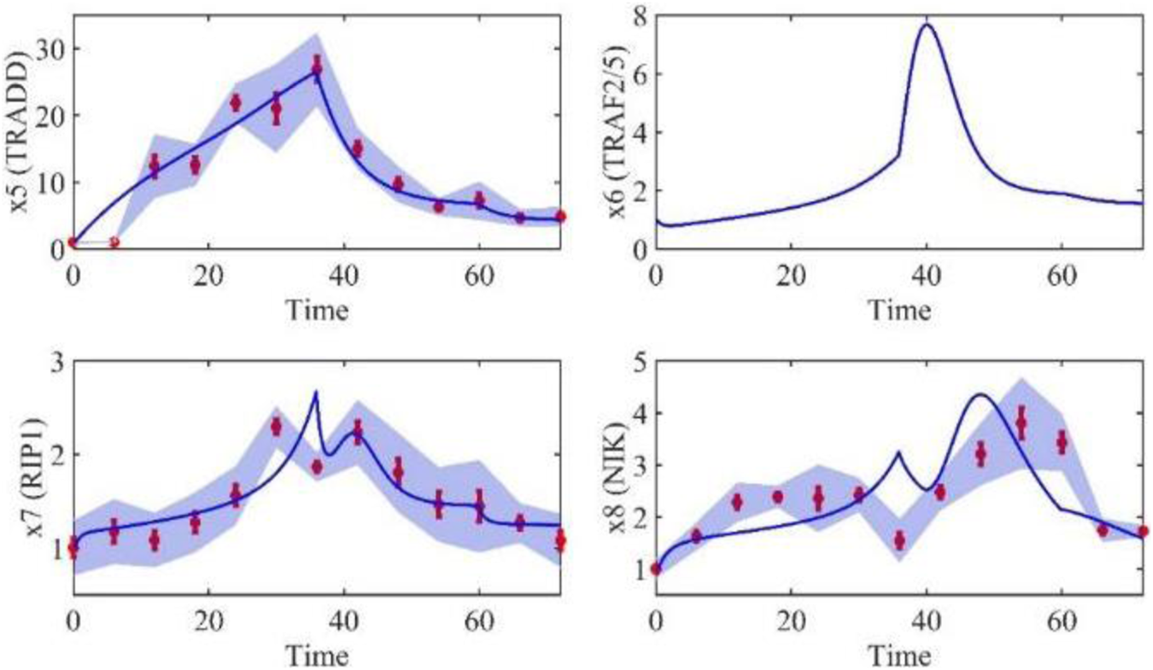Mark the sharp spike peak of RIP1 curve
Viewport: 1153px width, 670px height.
pyautogui.click(x=316, y=393)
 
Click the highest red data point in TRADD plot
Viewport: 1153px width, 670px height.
pyautogui.click(x=317, y=65)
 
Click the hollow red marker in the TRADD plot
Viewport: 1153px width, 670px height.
pyautogui.click(x=114, y=243)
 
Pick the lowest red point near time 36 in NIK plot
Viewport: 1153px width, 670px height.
pyautogui.click(x=899, y=540)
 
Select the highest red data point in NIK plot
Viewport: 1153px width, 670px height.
pyautogui.click(x=1021, y=422)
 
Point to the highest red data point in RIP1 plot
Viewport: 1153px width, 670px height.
pyautogui.click(x=276, y=427)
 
